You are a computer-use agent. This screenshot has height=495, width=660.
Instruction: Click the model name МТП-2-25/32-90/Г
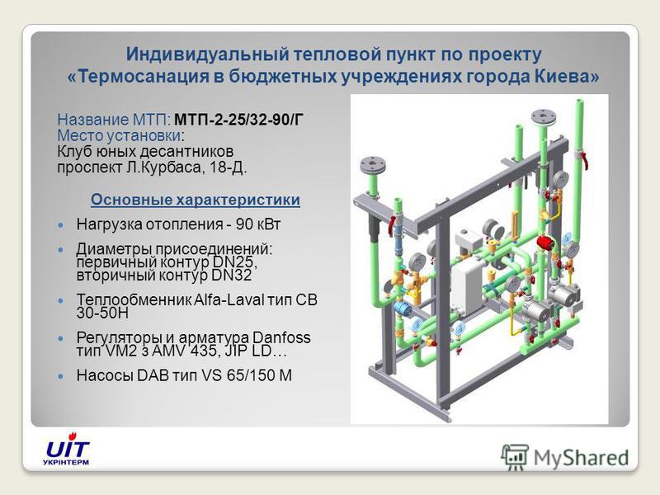[238, 120]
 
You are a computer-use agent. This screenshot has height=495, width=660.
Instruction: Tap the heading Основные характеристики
[196, 200]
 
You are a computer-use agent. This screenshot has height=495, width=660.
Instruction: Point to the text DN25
[234, 262]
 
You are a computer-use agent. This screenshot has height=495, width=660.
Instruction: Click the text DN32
[231, 276]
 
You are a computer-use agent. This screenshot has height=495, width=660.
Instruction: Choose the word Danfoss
[281, 337]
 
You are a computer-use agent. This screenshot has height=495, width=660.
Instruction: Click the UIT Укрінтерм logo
[68, 450]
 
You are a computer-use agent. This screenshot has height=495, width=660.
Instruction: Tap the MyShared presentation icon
[514, 457]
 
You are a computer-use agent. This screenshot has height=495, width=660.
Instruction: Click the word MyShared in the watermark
[582, 458]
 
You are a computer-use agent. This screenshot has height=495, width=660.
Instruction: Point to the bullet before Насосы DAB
[61, 375]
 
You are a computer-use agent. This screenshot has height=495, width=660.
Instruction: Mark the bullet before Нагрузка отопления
[61, 224]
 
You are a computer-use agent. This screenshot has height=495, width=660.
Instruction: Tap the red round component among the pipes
[546, 243]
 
